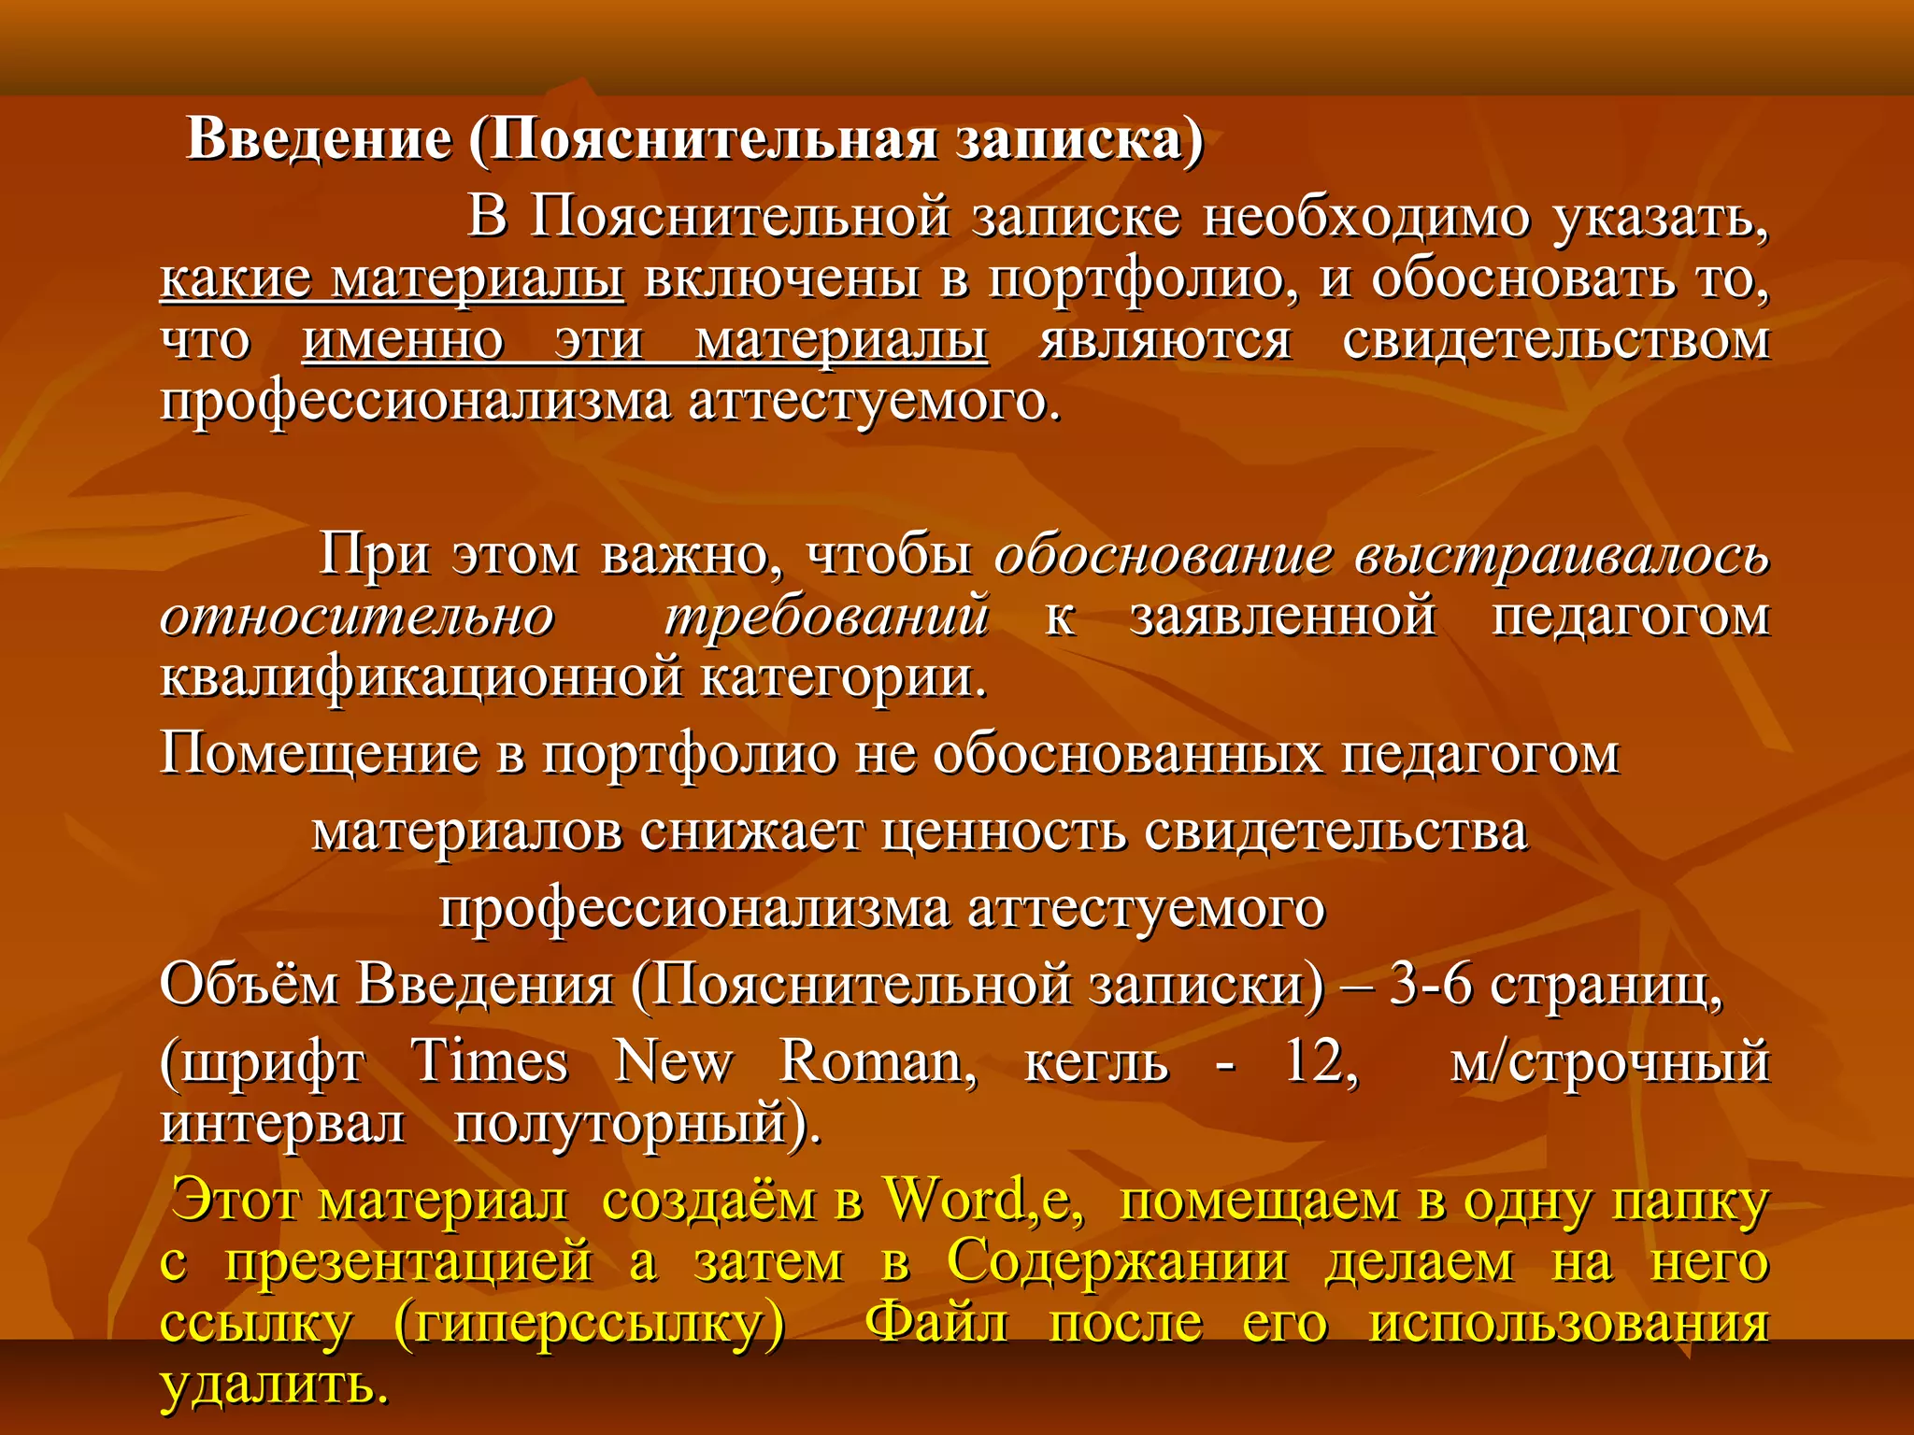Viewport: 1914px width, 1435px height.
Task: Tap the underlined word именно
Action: click(403, 340)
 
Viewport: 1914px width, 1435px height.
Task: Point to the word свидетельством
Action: click(1556, 340)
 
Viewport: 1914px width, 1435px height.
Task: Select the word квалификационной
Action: click(421, 677)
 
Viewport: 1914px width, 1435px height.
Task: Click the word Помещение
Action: click(319, 754)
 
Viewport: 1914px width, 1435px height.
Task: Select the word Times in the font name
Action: click(490, 1062)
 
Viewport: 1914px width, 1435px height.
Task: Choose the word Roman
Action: click(878, 1062)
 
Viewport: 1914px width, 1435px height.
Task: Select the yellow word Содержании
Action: click(1117, 1262)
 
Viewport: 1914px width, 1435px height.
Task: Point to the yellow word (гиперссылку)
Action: click(590, 1324)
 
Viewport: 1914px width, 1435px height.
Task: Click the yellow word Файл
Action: click(936, 1324)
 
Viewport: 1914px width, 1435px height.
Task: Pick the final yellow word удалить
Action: click(274, 1385)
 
